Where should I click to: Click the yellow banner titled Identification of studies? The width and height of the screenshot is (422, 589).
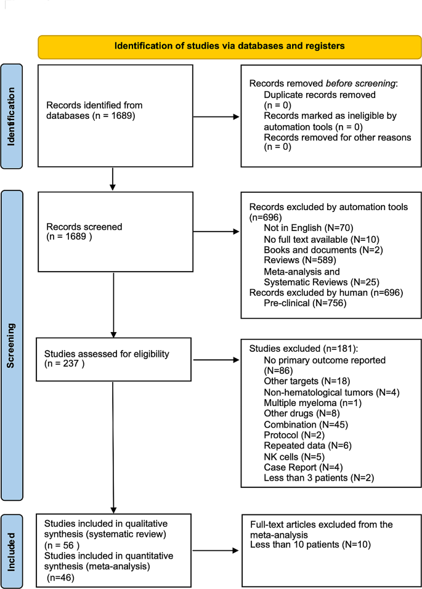[x=229, y=46]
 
